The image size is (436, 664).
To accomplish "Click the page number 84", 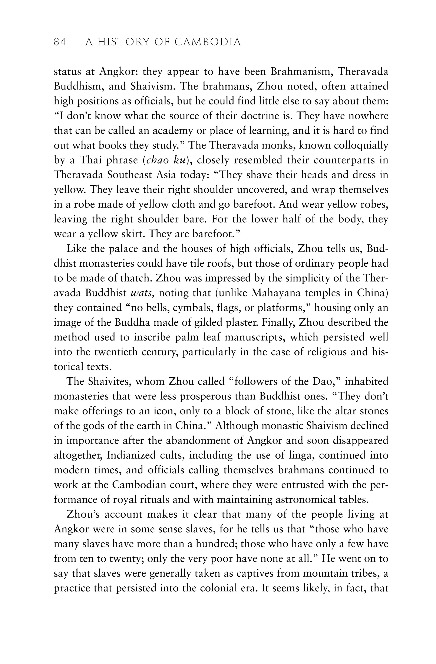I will pyautogui.click(x=60, y=42).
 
